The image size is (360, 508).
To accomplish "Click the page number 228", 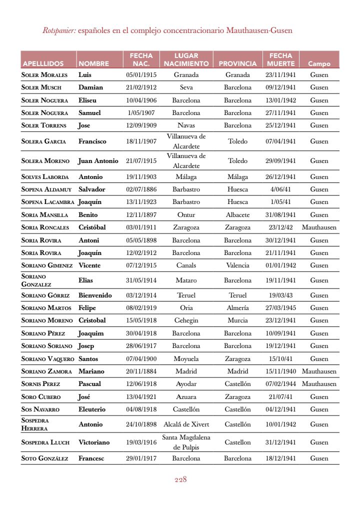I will coord(180,479).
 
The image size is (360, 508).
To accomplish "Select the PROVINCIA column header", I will coord(237,64).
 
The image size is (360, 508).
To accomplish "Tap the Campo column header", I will coord(319,64).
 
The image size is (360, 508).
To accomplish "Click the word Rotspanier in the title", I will coord(59,30).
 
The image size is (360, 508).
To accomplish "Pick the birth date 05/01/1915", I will coord(141,75).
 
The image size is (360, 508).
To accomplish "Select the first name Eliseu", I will coord(87,100).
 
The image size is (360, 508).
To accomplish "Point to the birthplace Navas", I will coord(186,125).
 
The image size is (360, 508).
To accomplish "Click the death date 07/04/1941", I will coord(280,141).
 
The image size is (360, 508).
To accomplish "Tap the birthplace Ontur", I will coord(186,215).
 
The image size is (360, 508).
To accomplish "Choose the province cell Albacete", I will coord(237,215).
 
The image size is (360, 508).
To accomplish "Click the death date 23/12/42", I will coord(280,227).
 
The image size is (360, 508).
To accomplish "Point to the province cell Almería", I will coord(237,308).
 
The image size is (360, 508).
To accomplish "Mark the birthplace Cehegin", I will coord(186,320).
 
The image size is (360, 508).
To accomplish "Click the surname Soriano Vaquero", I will coord(47,359).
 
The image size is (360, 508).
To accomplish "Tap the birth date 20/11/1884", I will coord(141,371).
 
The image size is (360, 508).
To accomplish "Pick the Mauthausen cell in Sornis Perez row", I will coord(319,384).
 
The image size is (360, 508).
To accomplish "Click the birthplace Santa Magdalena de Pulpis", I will coord(186,442).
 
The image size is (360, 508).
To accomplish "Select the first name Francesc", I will coord(91,458).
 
